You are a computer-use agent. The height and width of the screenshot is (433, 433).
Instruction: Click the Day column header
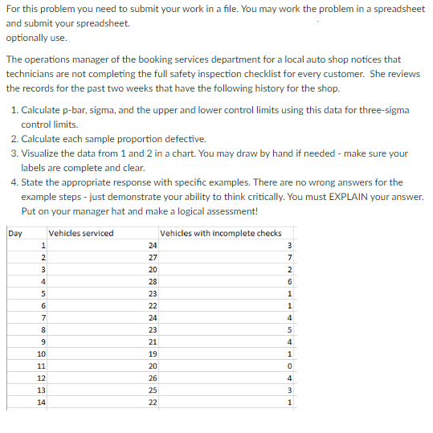[14, 234]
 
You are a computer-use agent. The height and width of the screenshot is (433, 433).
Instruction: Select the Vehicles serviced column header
[81, 234]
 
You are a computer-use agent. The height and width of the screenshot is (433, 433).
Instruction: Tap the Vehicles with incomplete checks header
[221, 234]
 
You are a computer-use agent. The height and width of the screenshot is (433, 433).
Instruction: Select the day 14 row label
[40, 402]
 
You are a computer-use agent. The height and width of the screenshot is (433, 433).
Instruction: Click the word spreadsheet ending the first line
[394, 9]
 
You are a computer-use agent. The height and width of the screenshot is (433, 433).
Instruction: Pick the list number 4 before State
[15, 182]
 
